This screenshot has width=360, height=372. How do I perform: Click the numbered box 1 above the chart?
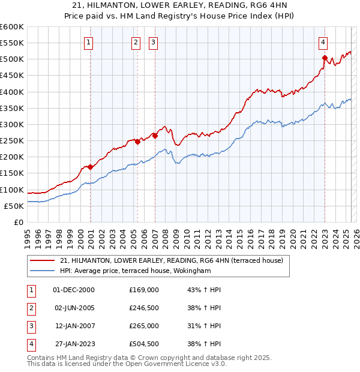88,42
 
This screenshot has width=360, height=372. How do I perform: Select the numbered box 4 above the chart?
323,42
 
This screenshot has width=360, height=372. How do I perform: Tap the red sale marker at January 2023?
325,58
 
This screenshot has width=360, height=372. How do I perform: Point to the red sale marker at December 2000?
91,167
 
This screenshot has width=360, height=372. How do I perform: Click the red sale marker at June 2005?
137,142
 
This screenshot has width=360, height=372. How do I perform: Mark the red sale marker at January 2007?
155,136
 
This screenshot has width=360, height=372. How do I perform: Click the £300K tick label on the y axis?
12,125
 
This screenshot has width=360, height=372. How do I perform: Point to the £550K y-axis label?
12,43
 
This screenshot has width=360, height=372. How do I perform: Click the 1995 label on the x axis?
28,235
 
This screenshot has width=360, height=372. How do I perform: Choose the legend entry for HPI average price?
135,271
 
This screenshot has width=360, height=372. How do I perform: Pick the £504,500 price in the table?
144,344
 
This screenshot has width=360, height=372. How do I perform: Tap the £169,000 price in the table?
144,289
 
